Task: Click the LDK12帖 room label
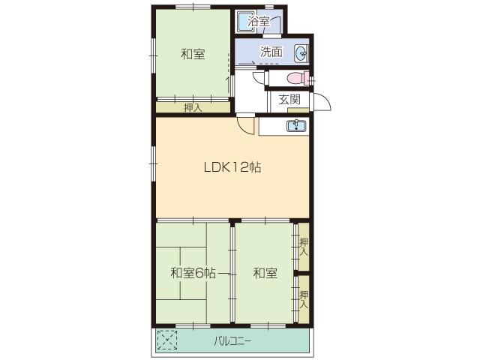coord(232,167)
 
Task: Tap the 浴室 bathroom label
coord(259,22)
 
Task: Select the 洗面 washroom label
coord(271,52)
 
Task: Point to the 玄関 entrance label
coord(289,99)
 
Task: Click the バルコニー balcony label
coord(232,341)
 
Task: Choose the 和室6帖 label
coord(193,273)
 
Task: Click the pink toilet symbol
coord(298,78)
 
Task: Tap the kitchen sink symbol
coord(296,125)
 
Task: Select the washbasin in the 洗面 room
coord(301,53)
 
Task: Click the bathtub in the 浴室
coord(247,22)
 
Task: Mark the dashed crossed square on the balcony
coord(167,340)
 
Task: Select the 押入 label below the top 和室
coord(193,107)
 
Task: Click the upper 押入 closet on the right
coord(304,247)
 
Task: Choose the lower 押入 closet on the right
coord(304,299)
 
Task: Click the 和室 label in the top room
coord(193,54)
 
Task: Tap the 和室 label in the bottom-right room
coord(265,273)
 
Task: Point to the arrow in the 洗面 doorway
coord(247,63)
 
